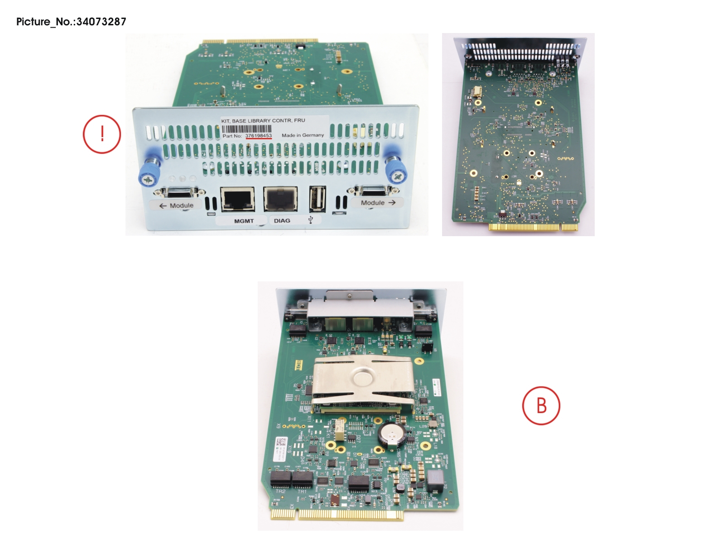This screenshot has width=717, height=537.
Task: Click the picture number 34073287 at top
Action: [x=101, y=22]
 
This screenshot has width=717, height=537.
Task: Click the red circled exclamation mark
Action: [x=102, y=134]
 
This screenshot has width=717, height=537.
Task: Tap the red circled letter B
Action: [x=541, y=405]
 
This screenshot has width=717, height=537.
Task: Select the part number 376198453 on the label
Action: [x=258, y=136]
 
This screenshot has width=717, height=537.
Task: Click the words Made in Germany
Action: [x=303, y=135]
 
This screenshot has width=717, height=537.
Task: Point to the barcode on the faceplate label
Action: [x=247, y=128]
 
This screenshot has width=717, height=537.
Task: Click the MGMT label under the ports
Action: [x=244, y=221]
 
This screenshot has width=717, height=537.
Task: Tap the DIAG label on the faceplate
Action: [x=282, y=221]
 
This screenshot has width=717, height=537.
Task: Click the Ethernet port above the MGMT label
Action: [x=237, y=199]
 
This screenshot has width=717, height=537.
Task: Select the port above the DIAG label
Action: [x=281, y=199]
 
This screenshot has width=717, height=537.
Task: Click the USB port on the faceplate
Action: [x=318, y=199]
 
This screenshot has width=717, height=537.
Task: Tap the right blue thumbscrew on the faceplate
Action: [x=396, y=168]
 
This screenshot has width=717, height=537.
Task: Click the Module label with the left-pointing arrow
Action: [x=176, y=205]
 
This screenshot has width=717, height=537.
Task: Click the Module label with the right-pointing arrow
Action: [x=378, y=203]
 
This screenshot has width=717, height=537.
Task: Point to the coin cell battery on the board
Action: [x=390, y=435]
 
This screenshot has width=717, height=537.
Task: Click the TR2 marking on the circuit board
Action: [x=280, y=491]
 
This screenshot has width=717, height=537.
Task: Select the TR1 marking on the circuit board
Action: [x=302, y=491]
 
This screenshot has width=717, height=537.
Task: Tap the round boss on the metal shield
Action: [x=363, y=376]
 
